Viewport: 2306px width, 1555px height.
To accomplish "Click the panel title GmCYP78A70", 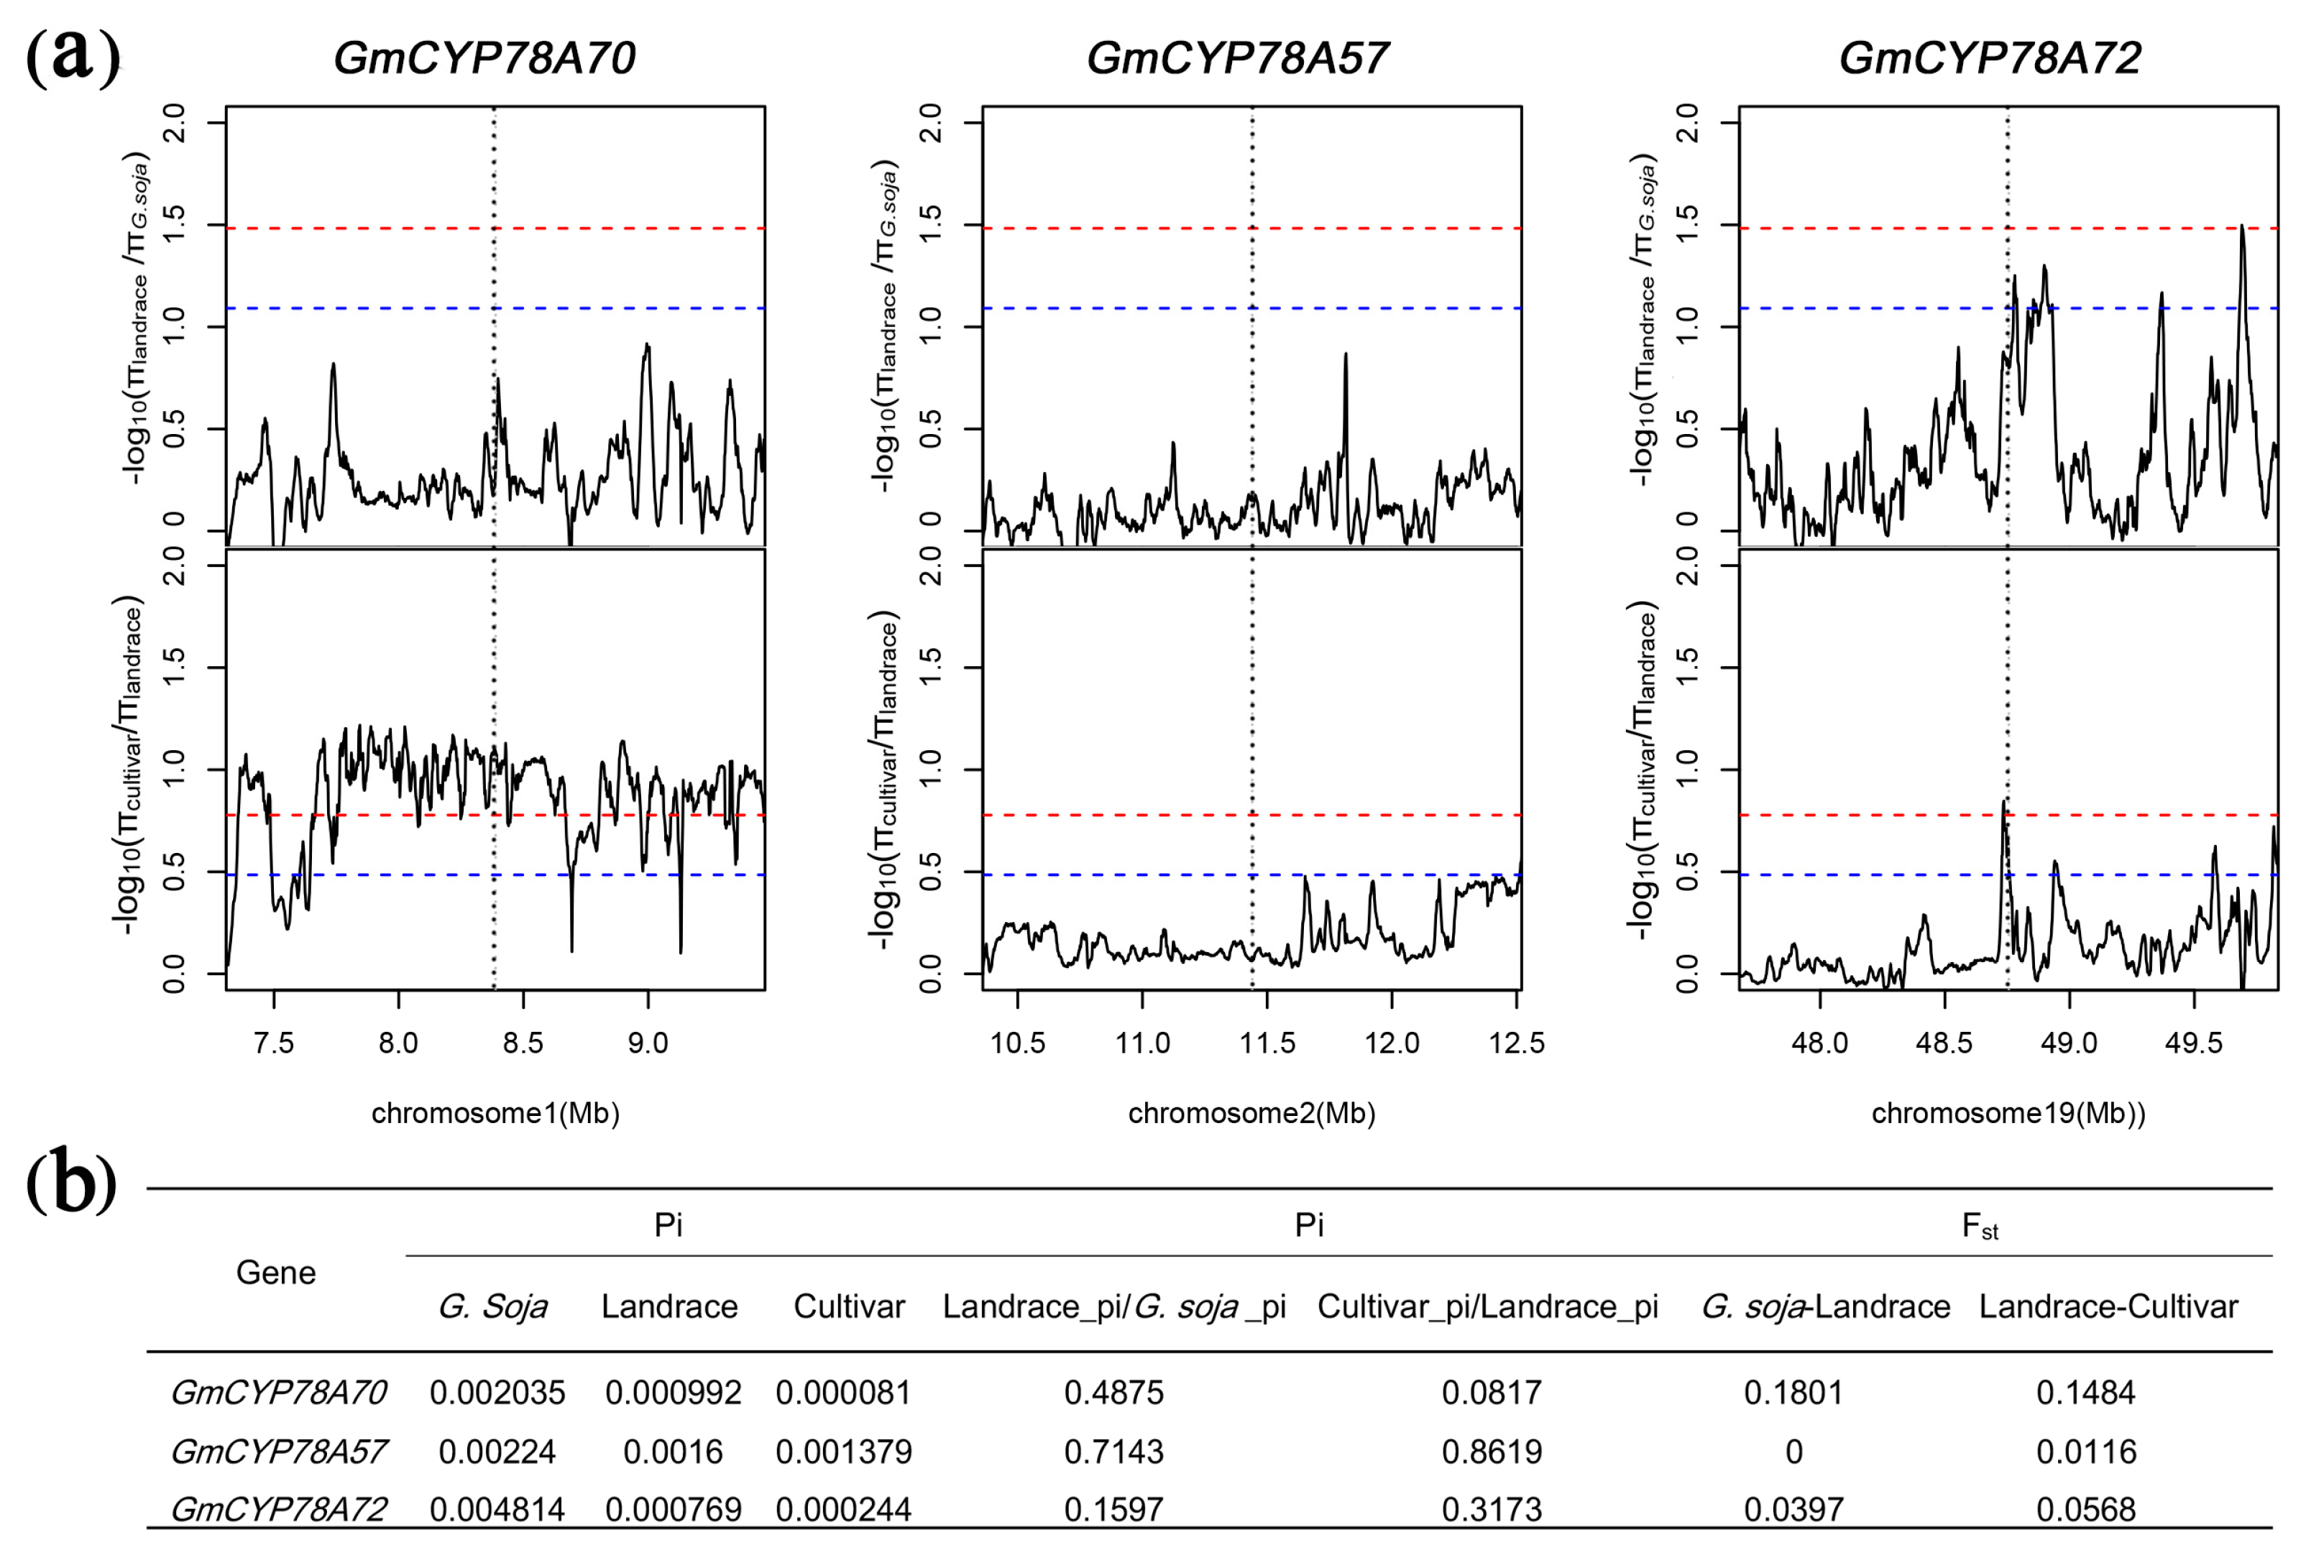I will [484, 58].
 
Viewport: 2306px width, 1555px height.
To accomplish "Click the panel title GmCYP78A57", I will [1237, 58].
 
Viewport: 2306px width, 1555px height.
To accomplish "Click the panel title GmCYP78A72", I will [1990, 58].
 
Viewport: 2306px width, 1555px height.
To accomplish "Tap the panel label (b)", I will [71, 1182].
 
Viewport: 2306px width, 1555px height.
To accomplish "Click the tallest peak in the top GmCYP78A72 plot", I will [2241, 228].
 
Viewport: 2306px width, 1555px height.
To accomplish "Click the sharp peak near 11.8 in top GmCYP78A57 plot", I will [1345, 355].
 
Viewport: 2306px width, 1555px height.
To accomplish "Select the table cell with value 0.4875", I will [1113, 1393].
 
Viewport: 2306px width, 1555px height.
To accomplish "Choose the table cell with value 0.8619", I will [1492, 1452].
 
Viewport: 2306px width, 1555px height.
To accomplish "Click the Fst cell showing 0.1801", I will [1793, 1393].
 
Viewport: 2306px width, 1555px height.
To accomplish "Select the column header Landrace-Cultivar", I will [2108, 1306].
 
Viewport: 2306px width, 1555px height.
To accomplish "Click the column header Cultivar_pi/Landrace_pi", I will [1487, 1306].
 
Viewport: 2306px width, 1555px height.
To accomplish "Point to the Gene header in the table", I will [276, 1273].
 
